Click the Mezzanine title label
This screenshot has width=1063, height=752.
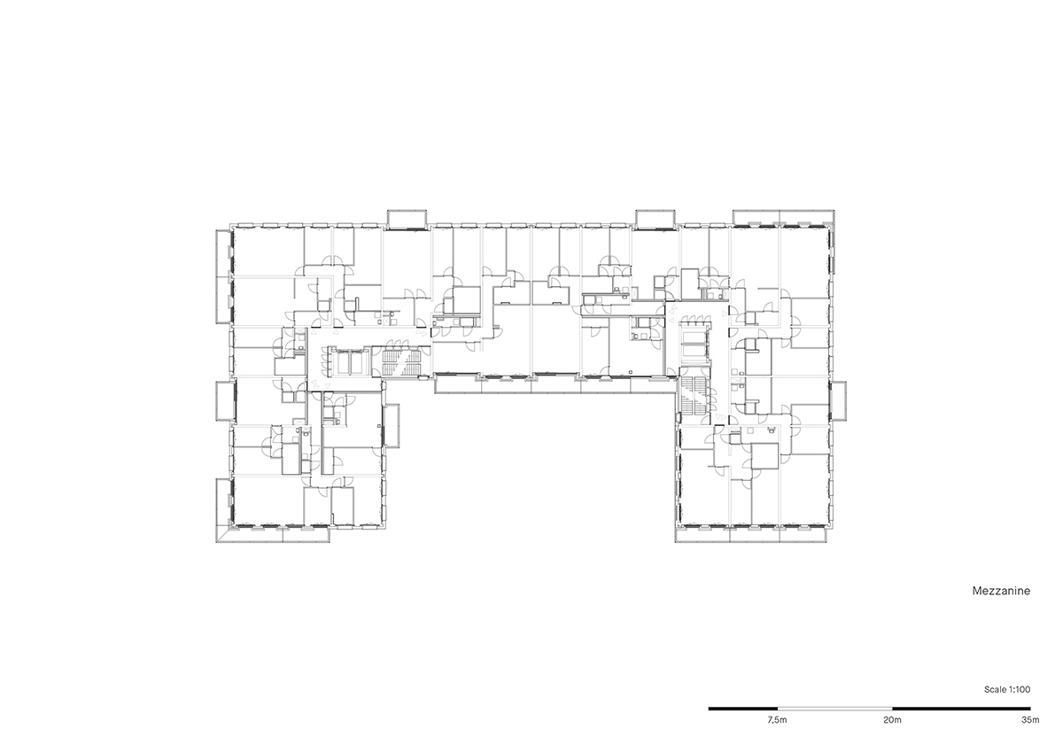click(1001, 591)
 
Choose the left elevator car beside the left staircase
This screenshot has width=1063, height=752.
click(342, 363)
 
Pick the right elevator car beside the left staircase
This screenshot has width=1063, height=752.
click(356, 363)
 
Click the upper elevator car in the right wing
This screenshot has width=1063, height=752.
click(694, 337)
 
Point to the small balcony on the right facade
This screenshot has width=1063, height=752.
click(839, 400)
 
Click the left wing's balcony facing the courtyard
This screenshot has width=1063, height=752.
click(392, 425)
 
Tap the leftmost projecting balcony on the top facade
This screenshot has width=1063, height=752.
click(407, 220)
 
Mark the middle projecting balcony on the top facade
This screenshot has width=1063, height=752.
click(656, 220)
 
